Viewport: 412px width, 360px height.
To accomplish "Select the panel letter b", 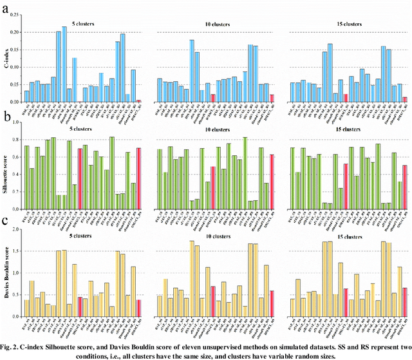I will (x=5, y=117).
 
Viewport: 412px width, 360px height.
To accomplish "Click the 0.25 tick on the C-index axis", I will (x=15, y=15).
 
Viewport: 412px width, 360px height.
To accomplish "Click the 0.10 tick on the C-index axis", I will (x=15, y=67).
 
